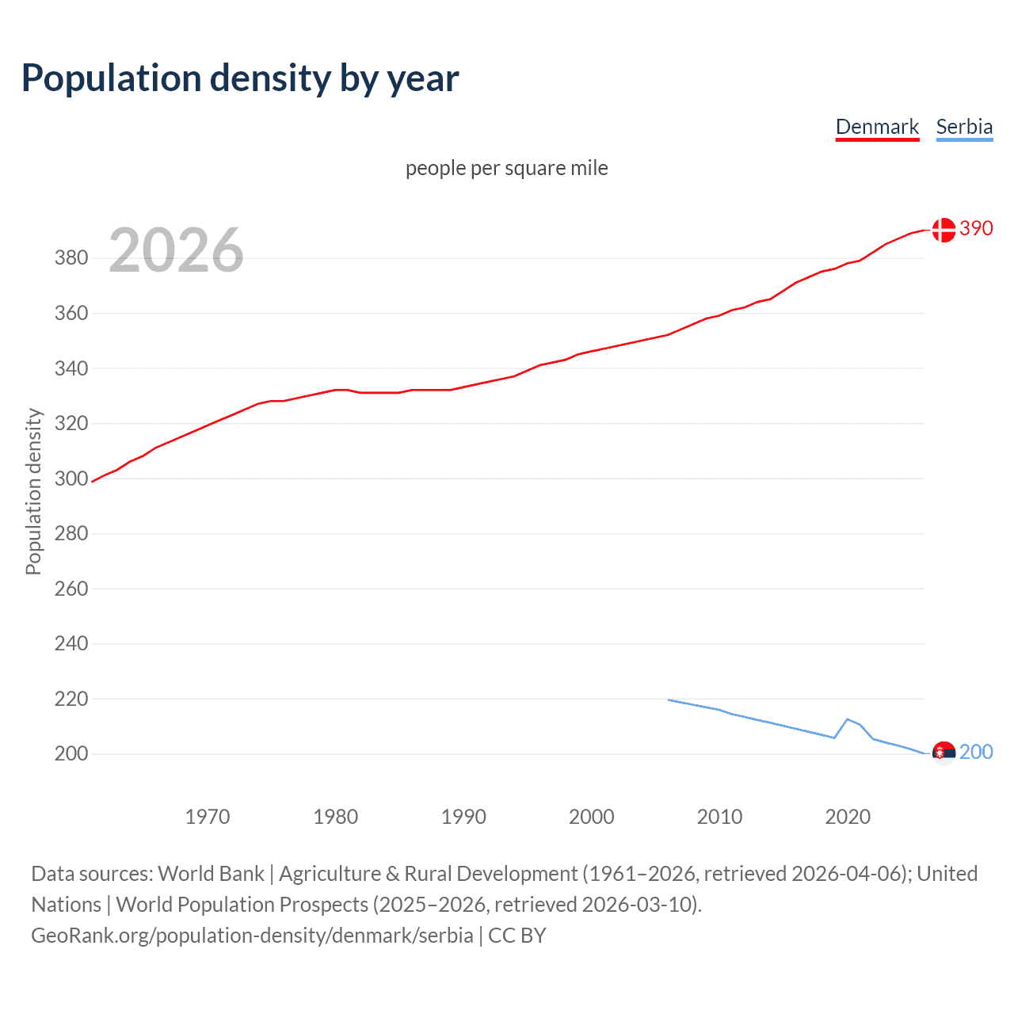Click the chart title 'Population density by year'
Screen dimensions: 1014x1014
pos(240,78)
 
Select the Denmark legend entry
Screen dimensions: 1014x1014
pos(877,127)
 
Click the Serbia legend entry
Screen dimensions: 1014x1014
pos(964,127)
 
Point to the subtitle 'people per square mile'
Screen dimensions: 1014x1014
pos(506,168)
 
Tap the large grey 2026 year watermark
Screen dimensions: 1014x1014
pos(176,250)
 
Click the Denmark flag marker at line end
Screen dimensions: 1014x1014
pos(943,230)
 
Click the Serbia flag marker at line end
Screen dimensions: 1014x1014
pos(943,753)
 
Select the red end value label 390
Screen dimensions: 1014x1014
pos(976,228)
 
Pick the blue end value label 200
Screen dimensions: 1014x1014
pos(976,752)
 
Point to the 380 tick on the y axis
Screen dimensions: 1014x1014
pos(71,258)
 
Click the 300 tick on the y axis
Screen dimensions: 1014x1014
pos(71,478)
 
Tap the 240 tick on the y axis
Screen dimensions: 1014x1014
pos(71,643)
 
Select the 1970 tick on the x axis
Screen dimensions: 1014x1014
pos(208,817)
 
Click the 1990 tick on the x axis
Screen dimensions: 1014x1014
pos(463,817)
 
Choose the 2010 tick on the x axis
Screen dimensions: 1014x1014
pos(719,817)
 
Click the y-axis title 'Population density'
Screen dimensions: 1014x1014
pos(33,491)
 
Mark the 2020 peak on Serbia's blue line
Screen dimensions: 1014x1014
pos(848,719)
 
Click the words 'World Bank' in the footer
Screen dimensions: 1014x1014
pos(211,874)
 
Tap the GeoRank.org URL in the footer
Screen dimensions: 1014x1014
pos(252,936)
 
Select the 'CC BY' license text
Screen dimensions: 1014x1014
pos(517,936)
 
